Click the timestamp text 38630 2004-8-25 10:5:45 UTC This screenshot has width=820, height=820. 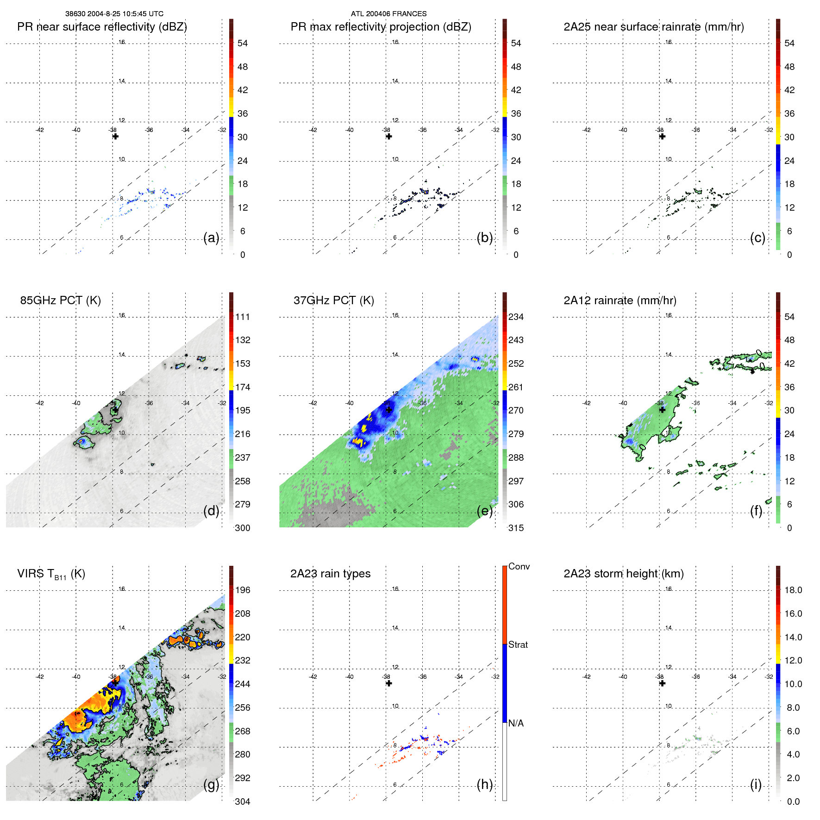[x=114, y=14]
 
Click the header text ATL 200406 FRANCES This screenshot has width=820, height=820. [x=388, y=14]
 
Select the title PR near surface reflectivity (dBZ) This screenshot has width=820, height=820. [x=102, y=27]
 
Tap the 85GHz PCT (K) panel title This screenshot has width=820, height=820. [x=60, y=300]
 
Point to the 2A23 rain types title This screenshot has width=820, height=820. [x=330, y=574]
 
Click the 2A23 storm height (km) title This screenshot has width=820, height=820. [x=623, y=574]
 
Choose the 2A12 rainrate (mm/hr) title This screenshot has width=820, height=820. [x=620, y=300]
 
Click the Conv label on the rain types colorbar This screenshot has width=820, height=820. [x=519, y=566]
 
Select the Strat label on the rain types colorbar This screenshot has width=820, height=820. [x=518, y=645]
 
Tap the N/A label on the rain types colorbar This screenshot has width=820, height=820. [x=515, y=723]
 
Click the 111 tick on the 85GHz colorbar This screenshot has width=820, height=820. [x=242, y=317]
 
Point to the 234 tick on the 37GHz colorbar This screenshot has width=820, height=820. [x=515, y=317]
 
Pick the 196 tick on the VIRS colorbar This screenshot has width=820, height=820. [x=242, y=590]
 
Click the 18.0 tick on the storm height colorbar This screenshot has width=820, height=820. [x=793, y=590]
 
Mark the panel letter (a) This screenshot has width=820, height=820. [x=211, y=238]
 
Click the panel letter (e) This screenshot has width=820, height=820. [x=484, y=511]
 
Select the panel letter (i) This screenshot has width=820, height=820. [x=756, y=784]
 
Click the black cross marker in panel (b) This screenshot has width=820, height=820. [x=389, y=137]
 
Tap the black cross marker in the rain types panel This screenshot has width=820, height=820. [x=389, y=683]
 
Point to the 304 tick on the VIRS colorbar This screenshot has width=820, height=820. [x=242, y=801]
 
